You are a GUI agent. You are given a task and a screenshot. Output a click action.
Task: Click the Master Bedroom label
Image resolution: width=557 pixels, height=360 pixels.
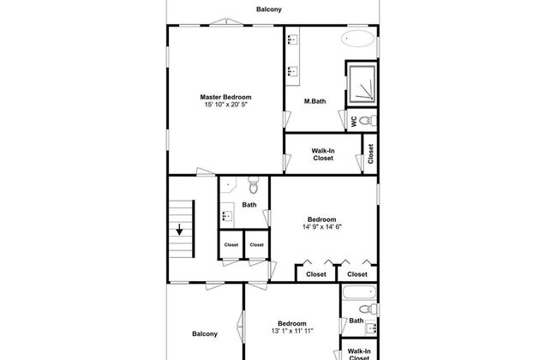pyautogui.click(x=225, y=97)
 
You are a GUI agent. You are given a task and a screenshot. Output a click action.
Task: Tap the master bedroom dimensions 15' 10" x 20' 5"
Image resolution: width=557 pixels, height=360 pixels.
pyautogui.click(x=225, y=105)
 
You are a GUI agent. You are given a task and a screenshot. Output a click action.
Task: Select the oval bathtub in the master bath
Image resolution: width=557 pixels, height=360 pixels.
pyautogui.click(x=357, y=39)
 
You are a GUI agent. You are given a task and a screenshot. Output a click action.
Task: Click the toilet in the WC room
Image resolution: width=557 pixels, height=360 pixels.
pyautogui.click(x=368, y=121)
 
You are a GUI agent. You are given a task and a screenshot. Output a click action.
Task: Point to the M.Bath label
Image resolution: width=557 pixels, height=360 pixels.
pyautogui.click(x=314, y=101)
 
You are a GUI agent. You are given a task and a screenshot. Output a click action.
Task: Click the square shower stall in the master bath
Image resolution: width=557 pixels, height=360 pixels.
pyautogui.click(x=362, y=83)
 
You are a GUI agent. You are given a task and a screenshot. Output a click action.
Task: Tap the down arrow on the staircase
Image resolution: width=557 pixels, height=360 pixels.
pyautogui.click(x=179, y=230)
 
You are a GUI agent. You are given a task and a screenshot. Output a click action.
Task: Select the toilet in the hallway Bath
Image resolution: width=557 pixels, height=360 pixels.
pyautogui.click(x=253, y=185)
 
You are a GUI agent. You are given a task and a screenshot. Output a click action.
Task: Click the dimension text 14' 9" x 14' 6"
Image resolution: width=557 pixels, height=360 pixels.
pyautogui.click(x=322, y=227)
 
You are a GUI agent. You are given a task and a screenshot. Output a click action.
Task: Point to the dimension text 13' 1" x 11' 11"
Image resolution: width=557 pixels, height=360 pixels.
pyautogui.click(x=292, y=331)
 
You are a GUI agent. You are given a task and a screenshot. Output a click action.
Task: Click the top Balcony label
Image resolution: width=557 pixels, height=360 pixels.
pyautogui.click(x=269, y=9)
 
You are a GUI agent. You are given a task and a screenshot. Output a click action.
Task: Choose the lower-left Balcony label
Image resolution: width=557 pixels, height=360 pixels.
pyautogui.click(x=205, y=333)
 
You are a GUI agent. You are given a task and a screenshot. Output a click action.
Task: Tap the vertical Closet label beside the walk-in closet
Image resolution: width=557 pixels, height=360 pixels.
pyautogui.click(x=371, y=154)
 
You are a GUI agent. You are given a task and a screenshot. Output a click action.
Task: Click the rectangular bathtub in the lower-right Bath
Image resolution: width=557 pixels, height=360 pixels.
pyautogui.click(x=359, y=292)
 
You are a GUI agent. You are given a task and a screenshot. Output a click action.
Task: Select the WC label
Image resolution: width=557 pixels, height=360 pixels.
pyautogui.click(x=354, y=122)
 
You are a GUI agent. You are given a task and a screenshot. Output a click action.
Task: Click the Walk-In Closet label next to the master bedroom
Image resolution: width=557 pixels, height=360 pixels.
pyautogui.click(x=323, y=154)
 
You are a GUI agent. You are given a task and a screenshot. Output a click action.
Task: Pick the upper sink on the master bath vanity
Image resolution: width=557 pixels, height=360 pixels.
pyautogui.click(x=292, y=39)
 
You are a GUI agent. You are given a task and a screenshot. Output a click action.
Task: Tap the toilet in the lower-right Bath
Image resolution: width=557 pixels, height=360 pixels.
pyautogui.click(x=368, y=309)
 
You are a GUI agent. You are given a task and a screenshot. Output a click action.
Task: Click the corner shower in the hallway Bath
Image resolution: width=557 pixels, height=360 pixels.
pyautogui.click(x=228, y=184)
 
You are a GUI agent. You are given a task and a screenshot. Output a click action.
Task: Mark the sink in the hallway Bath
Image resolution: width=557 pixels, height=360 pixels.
pyautogui.click(x=226, y=216)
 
